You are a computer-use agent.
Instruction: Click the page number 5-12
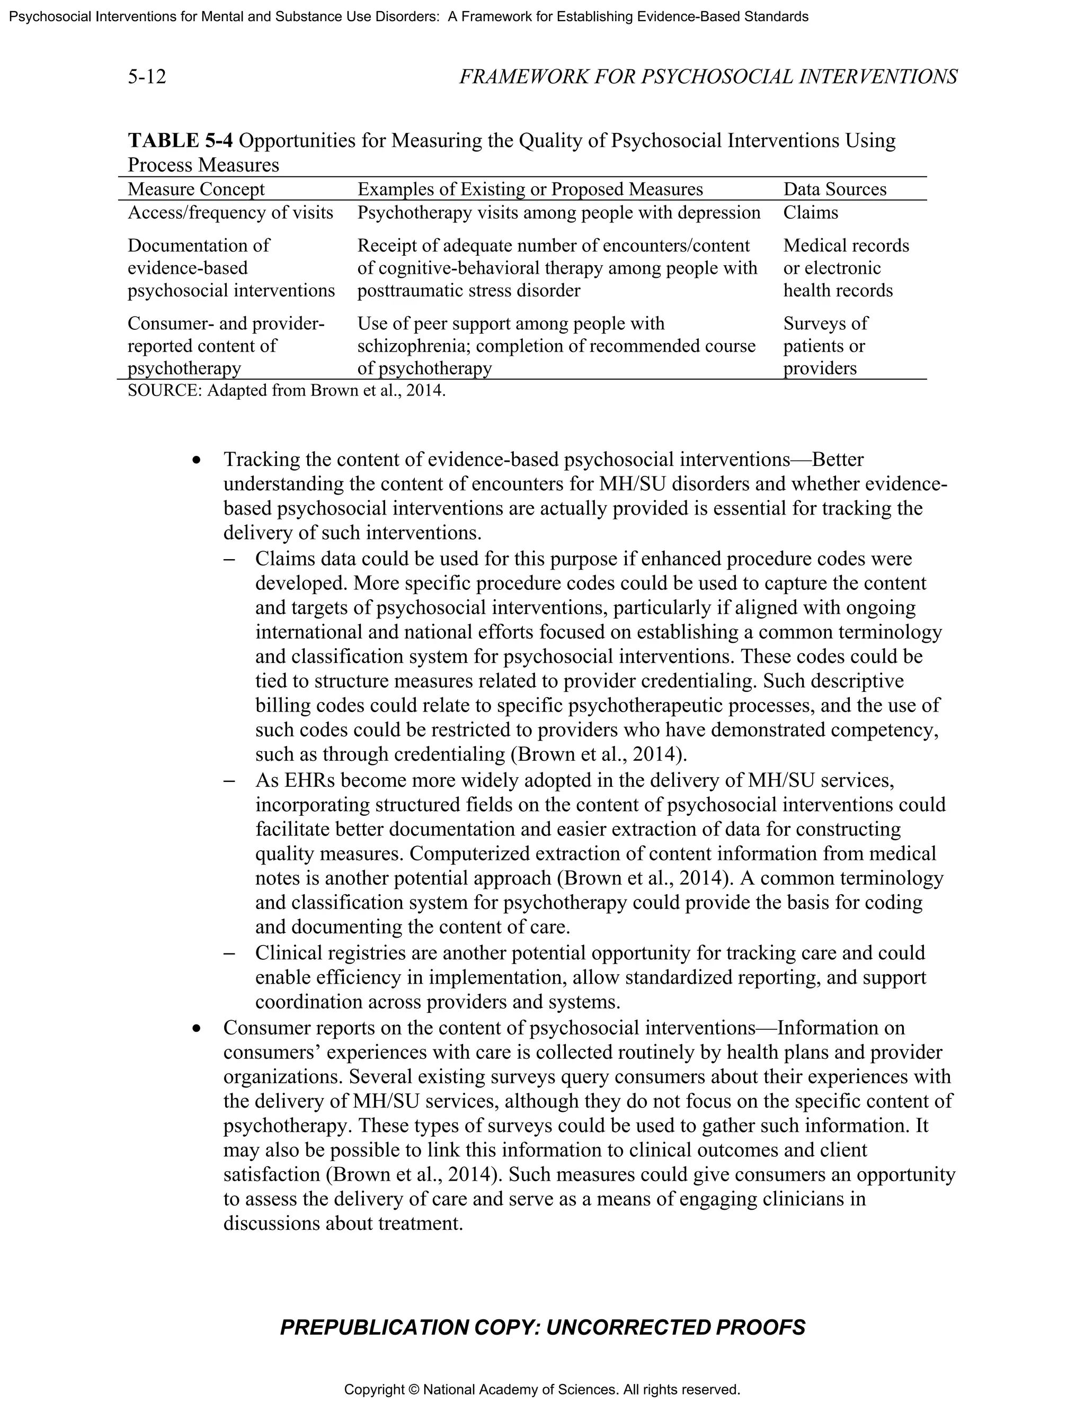click(147, 77)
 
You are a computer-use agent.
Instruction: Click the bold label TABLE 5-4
click(180, 140)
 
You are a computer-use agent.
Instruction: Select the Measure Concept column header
click(196, 189)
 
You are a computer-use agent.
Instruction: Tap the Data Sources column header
click(834, 189)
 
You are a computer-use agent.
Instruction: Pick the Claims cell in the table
click(810, 213)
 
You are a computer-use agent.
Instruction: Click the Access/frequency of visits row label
click(230, 213)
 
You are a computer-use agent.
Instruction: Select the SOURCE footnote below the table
click(286, 391)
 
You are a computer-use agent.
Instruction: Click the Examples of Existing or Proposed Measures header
click(530, 189)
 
